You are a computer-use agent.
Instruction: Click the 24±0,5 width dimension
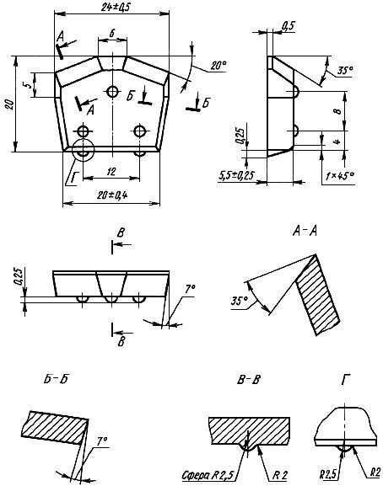coord(116,7)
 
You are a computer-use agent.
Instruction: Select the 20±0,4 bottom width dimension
coord(112,195)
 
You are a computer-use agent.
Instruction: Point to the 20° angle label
coord(218,66)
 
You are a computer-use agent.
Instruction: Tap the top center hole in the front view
coord(113,92)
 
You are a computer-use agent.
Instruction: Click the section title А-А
coord(305,231)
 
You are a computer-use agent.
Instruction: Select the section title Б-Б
coord(56,379)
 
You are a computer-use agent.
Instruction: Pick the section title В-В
coord(249,379)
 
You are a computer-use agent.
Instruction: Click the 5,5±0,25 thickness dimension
coord(236,176)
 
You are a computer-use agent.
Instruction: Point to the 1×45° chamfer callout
coord(340,176)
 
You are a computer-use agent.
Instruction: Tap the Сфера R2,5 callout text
coord(208,474)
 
